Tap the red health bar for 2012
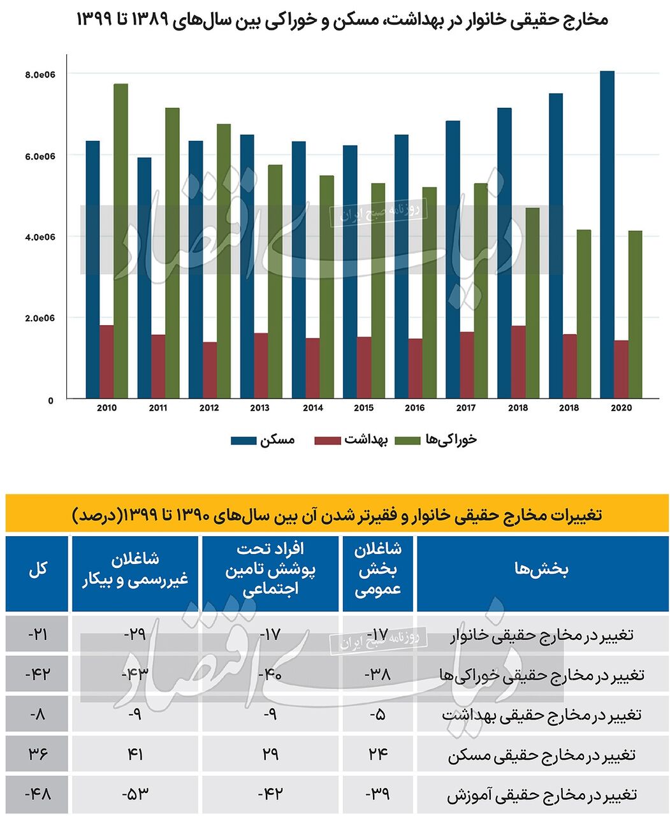pos(210,370)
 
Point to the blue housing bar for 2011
pos(144,278)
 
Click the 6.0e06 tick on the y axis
pos(40,156)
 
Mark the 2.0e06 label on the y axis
pos(40,318)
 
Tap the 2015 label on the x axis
pos(363,408)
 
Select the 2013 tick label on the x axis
pos(260,408)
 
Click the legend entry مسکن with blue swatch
pos(263,440)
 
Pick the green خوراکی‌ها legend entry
pos(436,440)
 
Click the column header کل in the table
pos(37,569)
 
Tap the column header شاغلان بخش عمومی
pos(377,569)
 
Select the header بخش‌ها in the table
pos(541,569)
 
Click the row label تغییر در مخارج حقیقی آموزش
pos(541,795)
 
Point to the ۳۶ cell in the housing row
pos(37,754)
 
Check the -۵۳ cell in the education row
pos(135,794)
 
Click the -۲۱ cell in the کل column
pos(37,634)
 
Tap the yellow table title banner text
pos(337,514)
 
